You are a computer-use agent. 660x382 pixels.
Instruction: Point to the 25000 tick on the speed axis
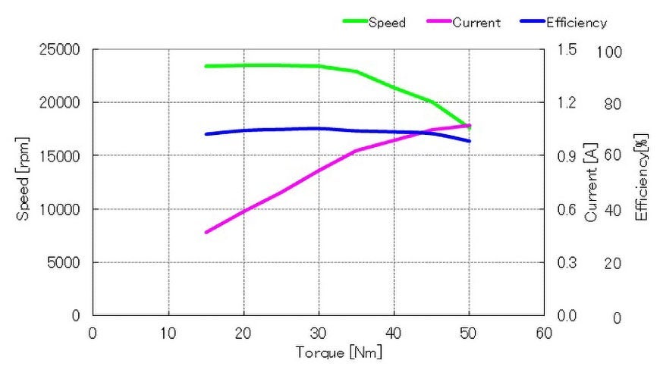coord(59,50)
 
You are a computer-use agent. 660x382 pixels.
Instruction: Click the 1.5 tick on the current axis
coord(567,50)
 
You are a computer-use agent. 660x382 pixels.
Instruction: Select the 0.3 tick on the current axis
coord(567,262)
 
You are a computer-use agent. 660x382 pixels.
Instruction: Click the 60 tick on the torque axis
coord(544,332)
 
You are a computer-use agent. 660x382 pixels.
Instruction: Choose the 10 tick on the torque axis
coord(168,332)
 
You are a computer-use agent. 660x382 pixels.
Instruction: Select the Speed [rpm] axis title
coord(24,183)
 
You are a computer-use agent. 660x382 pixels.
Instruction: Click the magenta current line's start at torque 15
coord(206,232)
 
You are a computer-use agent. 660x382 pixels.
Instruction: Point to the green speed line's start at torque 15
coord(206,66)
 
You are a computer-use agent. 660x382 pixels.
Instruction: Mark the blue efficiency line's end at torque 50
coord(470,141)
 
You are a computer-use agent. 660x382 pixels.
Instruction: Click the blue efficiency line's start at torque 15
coord(206,134)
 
